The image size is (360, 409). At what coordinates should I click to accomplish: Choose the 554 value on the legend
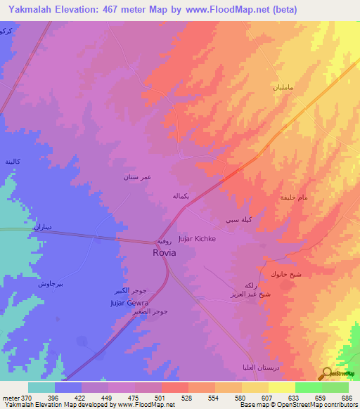click(216, 397)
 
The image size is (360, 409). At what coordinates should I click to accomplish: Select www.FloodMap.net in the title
click(232, 10)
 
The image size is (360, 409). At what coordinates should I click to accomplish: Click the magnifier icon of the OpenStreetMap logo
click(326, 374)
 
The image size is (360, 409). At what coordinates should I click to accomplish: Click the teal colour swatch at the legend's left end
click(41, 387)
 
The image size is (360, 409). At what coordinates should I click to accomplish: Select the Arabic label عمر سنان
click(138, 178)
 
